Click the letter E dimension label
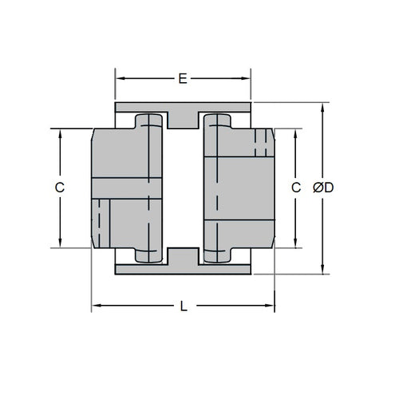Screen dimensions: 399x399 point(183,78)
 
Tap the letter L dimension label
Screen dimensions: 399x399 point(184,306)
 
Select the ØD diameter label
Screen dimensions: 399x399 point(323,188)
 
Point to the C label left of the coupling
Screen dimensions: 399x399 point(59,188)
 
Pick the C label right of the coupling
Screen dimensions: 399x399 point(295,188)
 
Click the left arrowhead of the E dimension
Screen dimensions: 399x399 point(119,78)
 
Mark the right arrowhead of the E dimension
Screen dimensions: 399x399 point(247,78)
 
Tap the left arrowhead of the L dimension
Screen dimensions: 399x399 point(95,306)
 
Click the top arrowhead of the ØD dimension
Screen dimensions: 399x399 point(323,106)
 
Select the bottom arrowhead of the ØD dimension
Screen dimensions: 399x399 point(323,271)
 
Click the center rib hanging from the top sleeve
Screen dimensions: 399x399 point(184,118)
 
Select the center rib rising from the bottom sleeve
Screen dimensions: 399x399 point(184,257)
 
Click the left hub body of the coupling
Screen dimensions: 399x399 point(120,188)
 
